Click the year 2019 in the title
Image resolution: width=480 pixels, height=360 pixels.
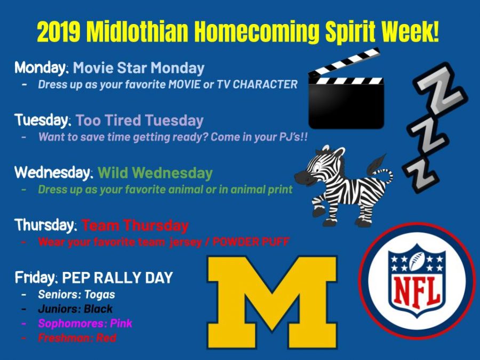point(59,32)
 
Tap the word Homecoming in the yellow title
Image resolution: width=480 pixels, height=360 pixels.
point(257,33)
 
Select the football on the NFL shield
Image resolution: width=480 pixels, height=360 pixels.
point(417,261)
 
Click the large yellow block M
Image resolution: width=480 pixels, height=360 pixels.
point(272,301)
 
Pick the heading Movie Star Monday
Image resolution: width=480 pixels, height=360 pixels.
point(138,68)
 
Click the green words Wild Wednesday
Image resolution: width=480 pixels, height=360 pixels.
point(155,173)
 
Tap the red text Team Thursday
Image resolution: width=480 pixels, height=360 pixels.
point(135,225)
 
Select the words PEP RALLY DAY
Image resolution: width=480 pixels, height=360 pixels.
point(117,278)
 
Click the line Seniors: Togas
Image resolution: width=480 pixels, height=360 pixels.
point(76,294)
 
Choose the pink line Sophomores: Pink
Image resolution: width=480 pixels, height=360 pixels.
point(85,323)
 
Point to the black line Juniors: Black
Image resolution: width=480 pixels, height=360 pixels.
point(75,309)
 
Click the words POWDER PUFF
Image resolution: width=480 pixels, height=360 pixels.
point(251,242)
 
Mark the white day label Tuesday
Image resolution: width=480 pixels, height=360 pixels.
point(43,120)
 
